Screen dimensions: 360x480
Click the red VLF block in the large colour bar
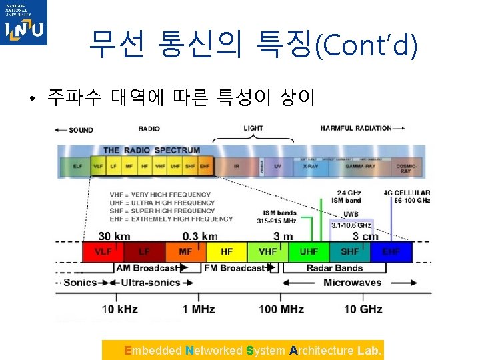pyautogui.click(x=103, y=252)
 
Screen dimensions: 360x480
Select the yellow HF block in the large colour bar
pyautogui.click(x=227, y=252)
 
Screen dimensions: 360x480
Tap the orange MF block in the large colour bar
pyautogui.click(x=185, y=252)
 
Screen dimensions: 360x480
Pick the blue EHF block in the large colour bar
pyautogui.click(x=392, y=252)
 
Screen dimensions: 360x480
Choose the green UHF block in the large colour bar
pyautogui.click(x=309, y=252)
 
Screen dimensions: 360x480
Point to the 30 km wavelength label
pyautogui.click(x=114, y=236)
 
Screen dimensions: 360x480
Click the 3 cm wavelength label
pyautogui.click(x=365, y=236)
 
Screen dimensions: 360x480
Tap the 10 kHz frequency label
pyautogui.click(x=121, y=309)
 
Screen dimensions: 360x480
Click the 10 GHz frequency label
pyautogui.click(x=363, y=309)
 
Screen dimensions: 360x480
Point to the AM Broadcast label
pyautogui.click(x=147, y=268)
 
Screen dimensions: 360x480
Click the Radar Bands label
pyautogui.click(x=335, y=268)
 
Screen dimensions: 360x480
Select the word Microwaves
pyautogui.click(x=352, y=283)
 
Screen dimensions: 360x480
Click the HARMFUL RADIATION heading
pyautogui.click(x=356, y=129)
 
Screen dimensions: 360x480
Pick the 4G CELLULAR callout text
pyautogui.click(x=407, y=193)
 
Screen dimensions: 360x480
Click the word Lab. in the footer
pyautogui.click(x=370, y=351)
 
